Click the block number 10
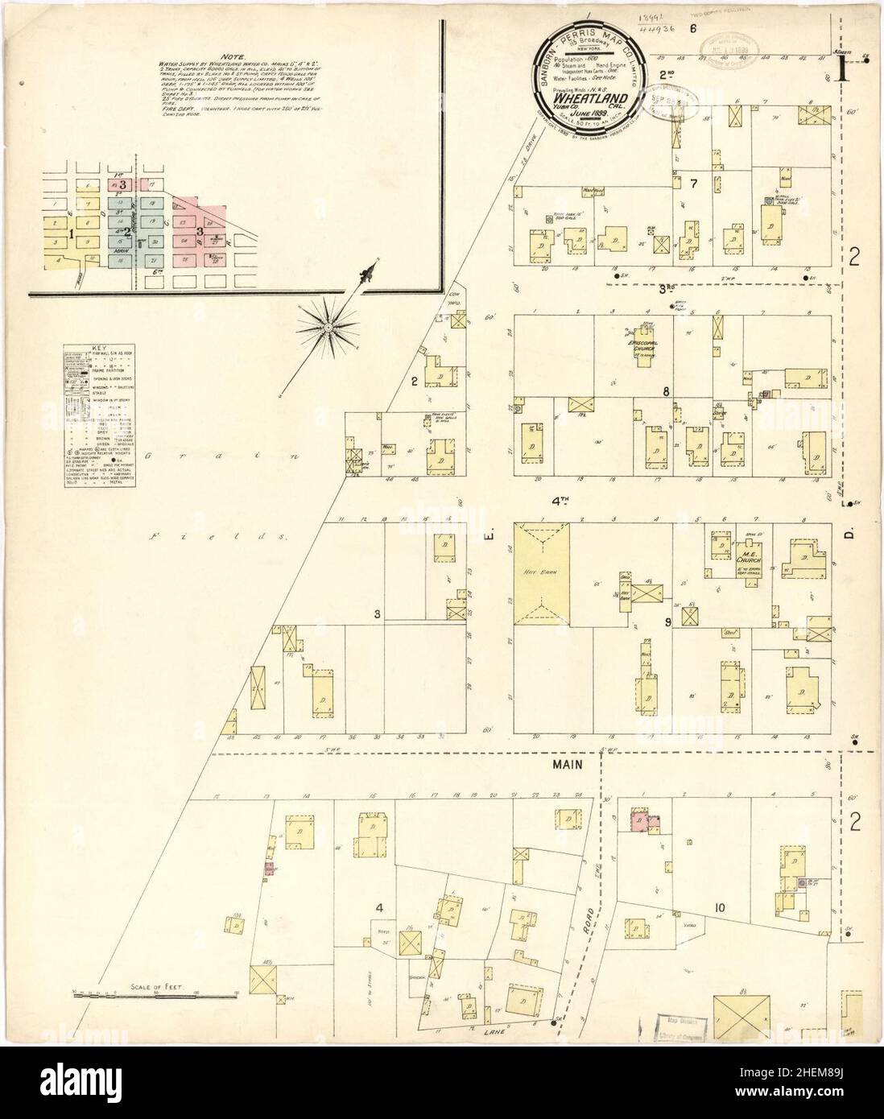point(718,909)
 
